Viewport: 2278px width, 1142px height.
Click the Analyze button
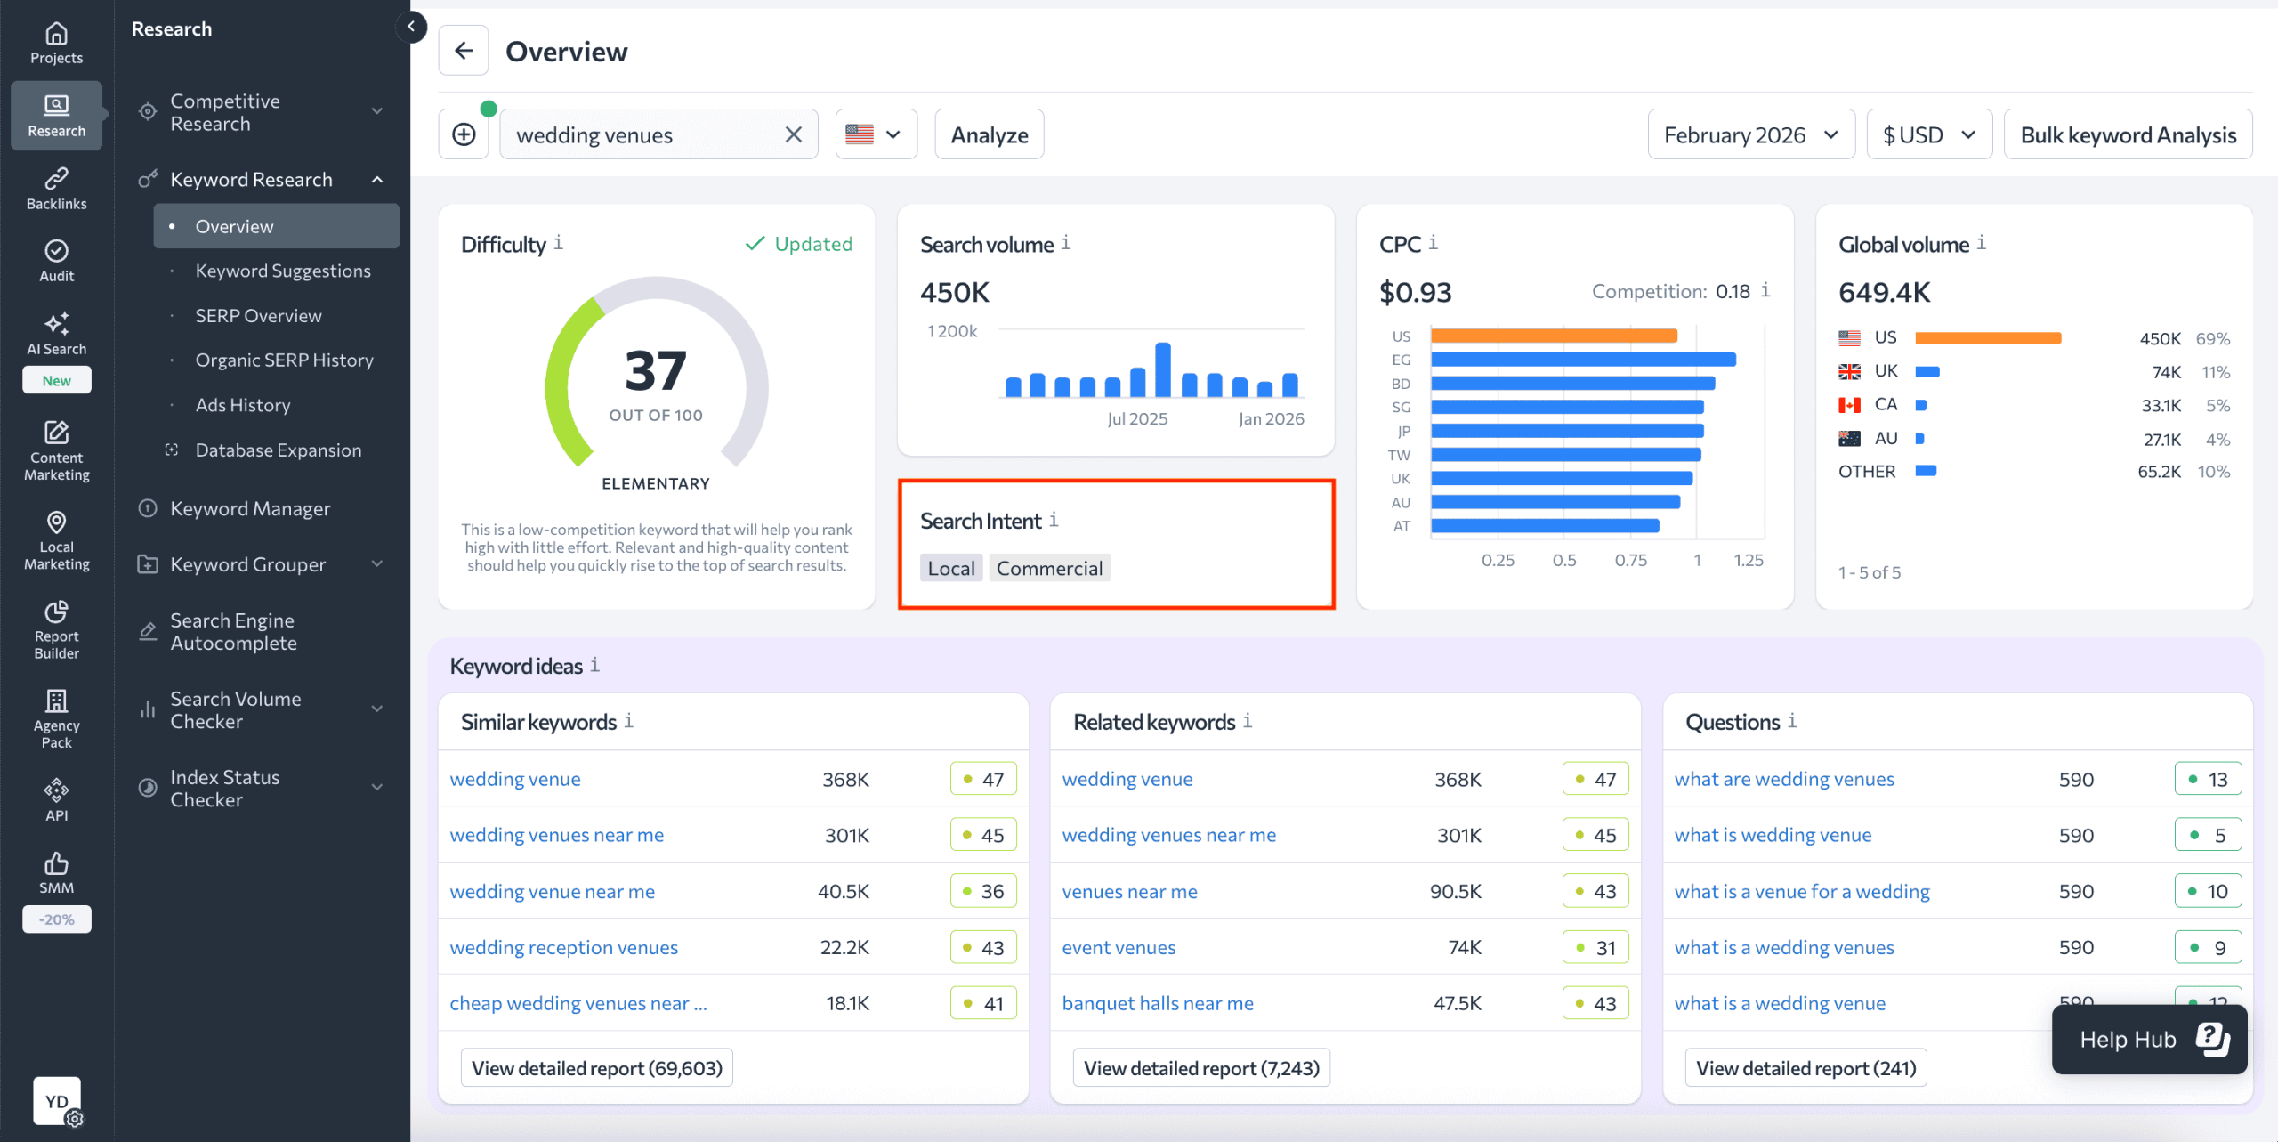point(989,134)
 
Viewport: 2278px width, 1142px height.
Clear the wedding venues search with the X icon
point(793,134)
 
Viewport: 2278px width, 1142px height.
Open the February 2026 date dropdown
point(1750,134)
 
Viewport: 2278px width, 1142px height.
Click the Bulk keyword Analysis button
point(2128,134)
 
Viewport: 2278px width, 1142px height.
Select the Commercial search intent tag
point(1049,568)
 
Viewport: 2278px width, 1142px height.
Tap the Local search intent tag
point(950,568)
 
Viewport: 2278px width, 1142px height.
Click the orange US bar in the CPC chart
point(1554,336)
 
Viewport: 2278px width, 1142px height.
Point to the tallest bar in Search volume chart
point(1162,369)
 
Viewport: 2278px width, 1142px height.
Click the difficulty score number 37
point(656,370)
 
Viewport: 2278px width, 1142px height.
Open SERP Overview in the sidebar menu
point(258,316)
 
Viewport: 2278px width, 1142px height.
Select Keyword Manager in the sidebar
point(250,508)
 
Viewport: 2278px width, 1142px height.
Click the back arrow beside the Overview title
point(464,51)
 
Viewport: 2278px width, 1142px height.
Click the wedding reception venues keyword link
point(563,947)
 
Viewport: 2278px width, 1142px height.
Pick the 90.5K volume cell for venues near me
point(1455,891)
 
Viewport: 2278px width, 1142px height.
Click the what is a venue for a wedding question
point(1801,891)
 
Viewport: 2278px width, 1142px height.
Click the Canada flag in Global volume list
point(1849,405)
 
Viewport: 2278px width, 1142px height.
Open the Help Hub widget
point(2149,1039)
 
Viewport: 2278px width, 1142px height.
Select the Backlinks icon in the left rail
point(56,188)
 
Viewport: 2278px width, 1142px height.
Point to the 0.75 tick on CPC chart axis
point(1630,560)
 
